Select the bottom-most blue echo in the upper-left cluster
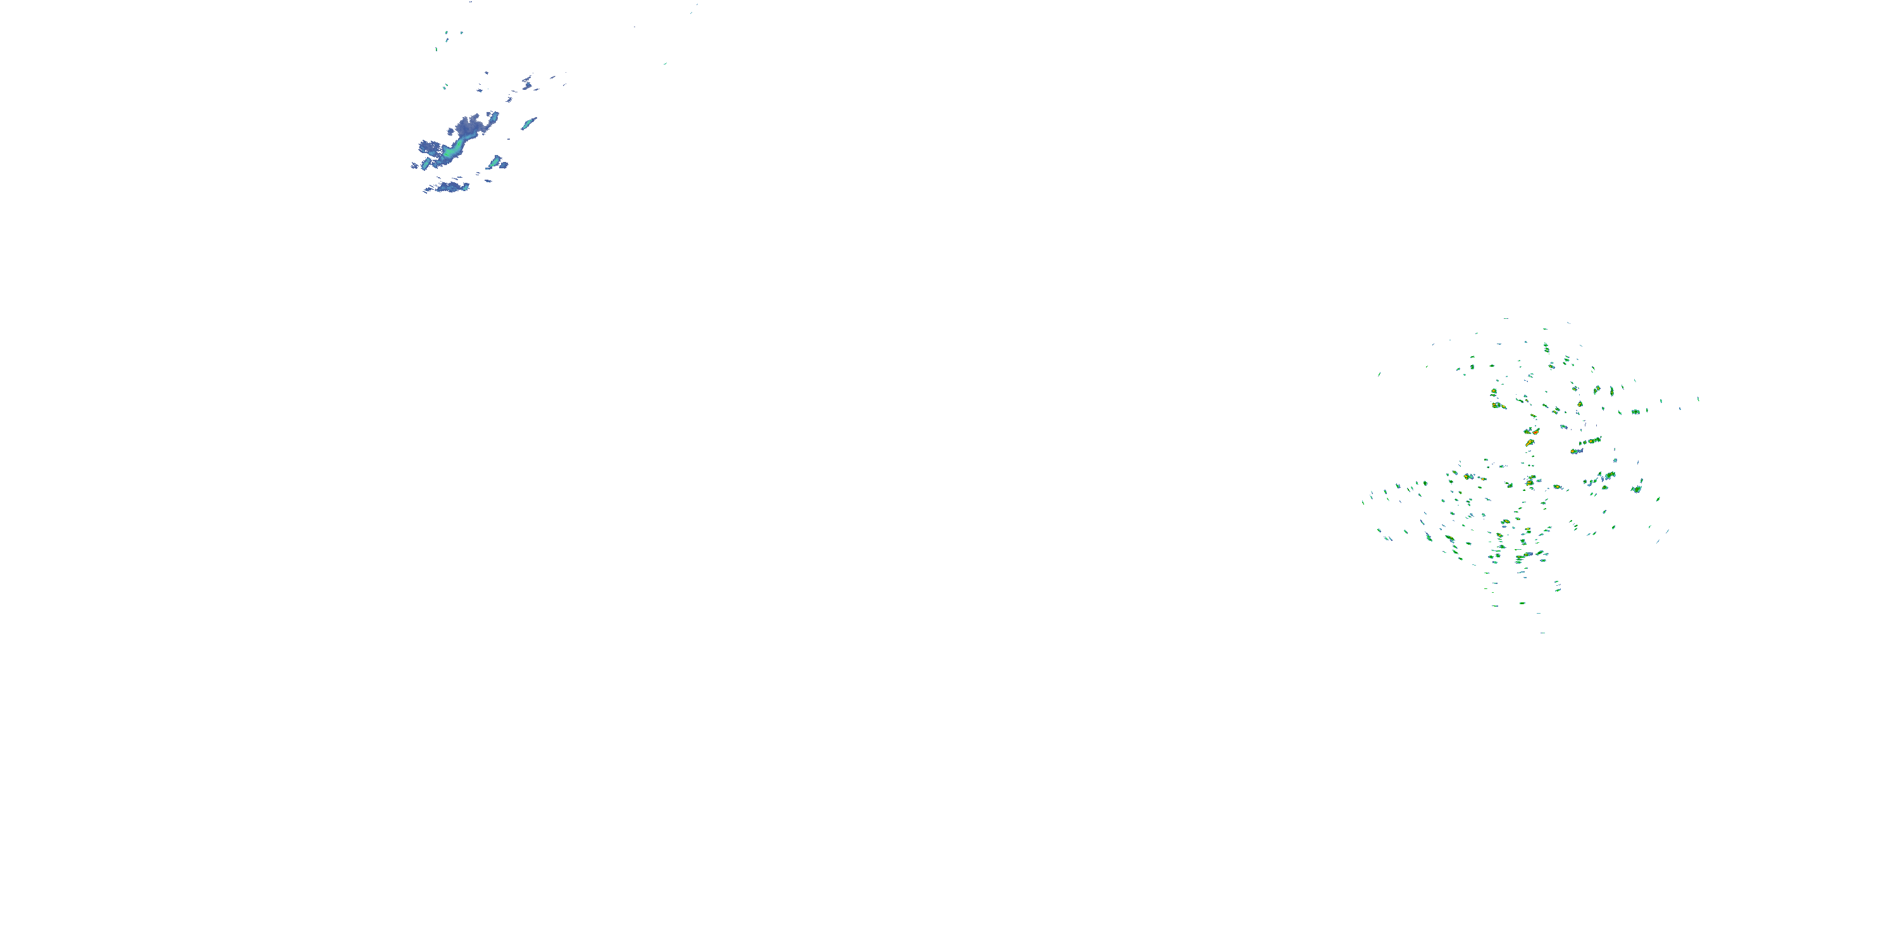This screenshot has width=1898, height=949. pos(449,187)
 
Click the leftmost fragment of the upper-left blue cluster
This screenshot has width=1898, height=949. pos(413,166)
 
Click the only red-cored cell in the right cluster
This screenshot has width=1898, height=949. pos(1529,442)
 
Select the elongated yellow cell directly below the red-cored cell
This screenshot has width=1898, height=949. pos(1531,480)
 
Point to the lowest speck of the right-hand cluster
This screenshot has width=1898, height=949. pos(1542,632)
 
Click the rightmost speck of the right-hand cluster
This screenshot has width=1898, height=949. pos(1698,399)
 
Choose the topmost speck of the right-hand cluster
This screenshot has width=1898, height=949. pos(1505,319)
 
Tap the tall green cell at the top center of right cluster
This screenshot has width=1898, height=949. pos(1546,347)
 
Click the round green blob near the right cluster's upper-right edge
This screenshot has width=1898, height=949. pos(1635,411)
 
